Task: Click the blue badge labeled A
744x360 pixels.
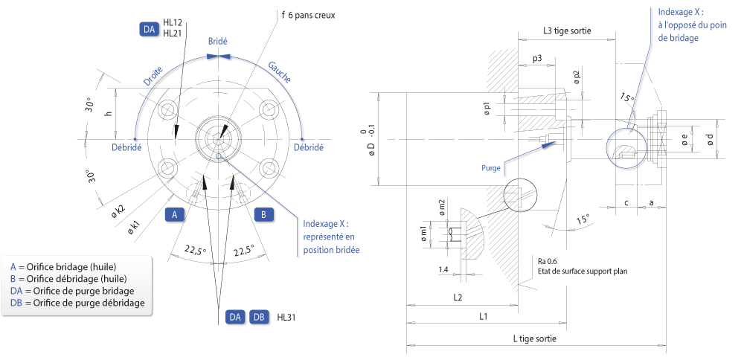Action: pos(175,215)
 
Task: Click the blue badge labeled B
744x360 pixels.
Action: pos(264,215)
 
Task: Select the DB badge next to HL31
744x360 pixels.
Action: pos(259,318)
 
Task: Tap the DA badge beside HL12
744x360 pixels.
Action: pos(149,30)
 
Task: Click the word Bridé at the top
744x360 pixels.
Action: pos(218,41)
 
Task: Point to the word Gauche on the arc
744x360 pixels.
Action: pos(280,72)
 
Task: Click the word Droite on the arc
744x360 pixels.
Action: pos(153,76)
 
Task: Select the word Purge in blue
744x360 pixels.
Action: pos(491,168)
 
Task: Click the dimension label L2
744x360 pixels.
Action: pos(458,298)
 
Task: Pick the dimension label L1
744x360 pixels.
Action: pos(483,317)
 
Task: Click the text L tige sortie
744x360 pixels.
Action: pos(535,338)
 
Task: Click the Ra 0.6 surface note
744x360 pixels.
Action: pos(549,261)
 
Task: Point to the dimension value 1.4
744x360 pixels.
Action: pos(443,269)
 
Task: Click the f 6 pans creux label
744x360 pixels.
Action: pos(309,15)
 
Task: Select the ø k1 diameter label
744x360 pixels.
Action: pos(134,228)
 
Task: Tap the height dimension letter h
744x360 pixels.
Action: pos(108,114)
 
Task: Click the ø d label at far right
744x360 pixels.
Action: pos(710,138)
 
